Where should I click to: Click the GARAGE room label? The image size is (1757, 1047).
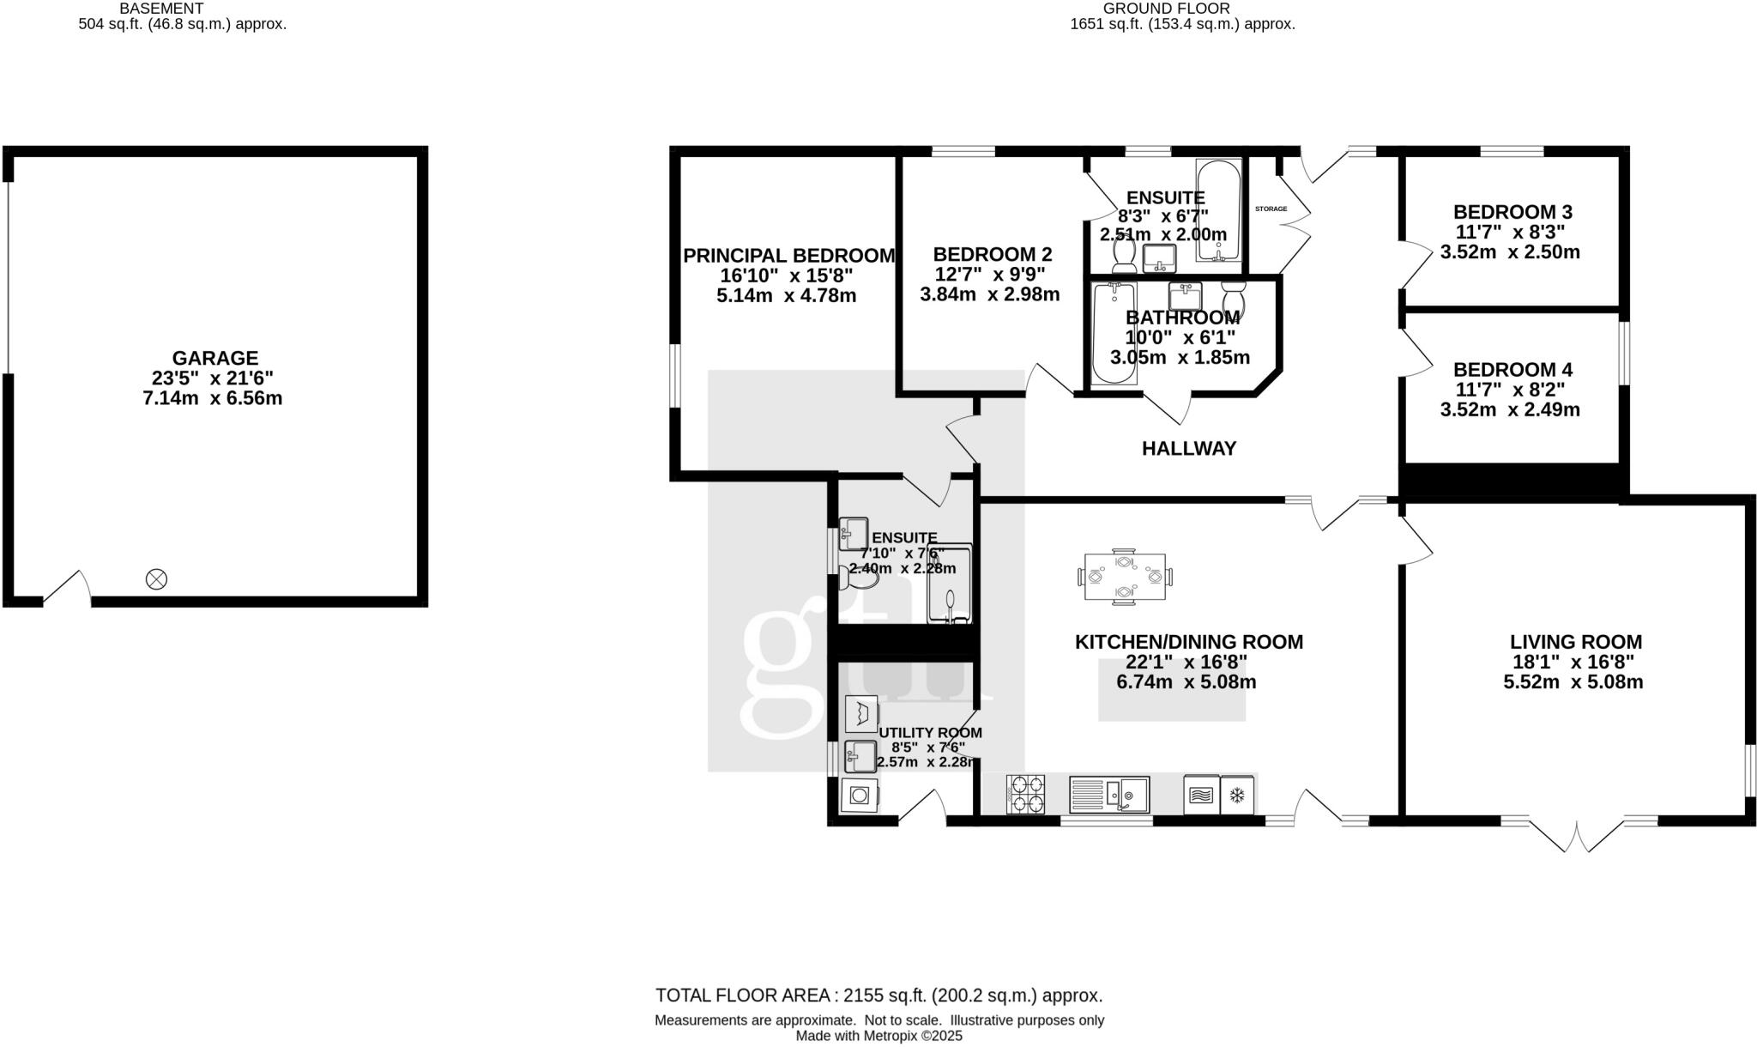pos(214,358)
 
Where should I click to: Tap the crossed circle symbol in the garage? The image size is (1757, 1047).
pos(156,579)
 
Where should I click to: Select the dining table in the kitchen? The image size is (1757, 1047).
pos(1125,576)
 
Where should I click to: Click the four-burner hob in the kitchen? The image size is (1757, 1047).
pos(1025,794)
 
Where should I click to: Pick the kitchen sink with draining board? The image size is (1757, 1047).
pos(1108,795)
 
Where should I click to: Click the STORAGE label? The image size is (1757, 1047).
pos(1271,209)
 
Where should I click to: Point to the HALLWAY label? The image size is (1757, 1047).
pos(1188,448)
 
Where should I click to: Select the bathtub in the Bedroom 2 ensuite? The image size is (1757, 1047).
pos(1218,210)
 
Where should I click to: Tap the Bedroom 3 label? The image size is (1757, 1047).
pos(1512,212)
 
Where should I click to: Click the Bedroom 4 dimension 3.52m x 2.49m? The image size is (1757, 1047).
pos(1509,410)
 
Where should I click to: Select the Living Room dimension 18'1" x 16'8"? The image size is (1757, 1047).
pos(1573,663)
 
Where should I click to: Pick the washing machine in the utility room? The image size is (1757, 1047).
pos(860,796)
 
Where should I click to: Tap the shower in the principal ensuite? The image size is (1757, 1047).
pos(950,584)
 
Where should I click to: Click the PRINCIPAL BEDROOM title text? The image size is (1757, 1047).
pos(788,256)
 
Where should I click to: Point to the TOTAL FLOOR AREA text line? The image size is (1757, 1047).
pos(878,996)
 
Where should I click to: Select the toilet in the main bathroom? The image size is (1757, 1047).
pos(1234,297)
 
